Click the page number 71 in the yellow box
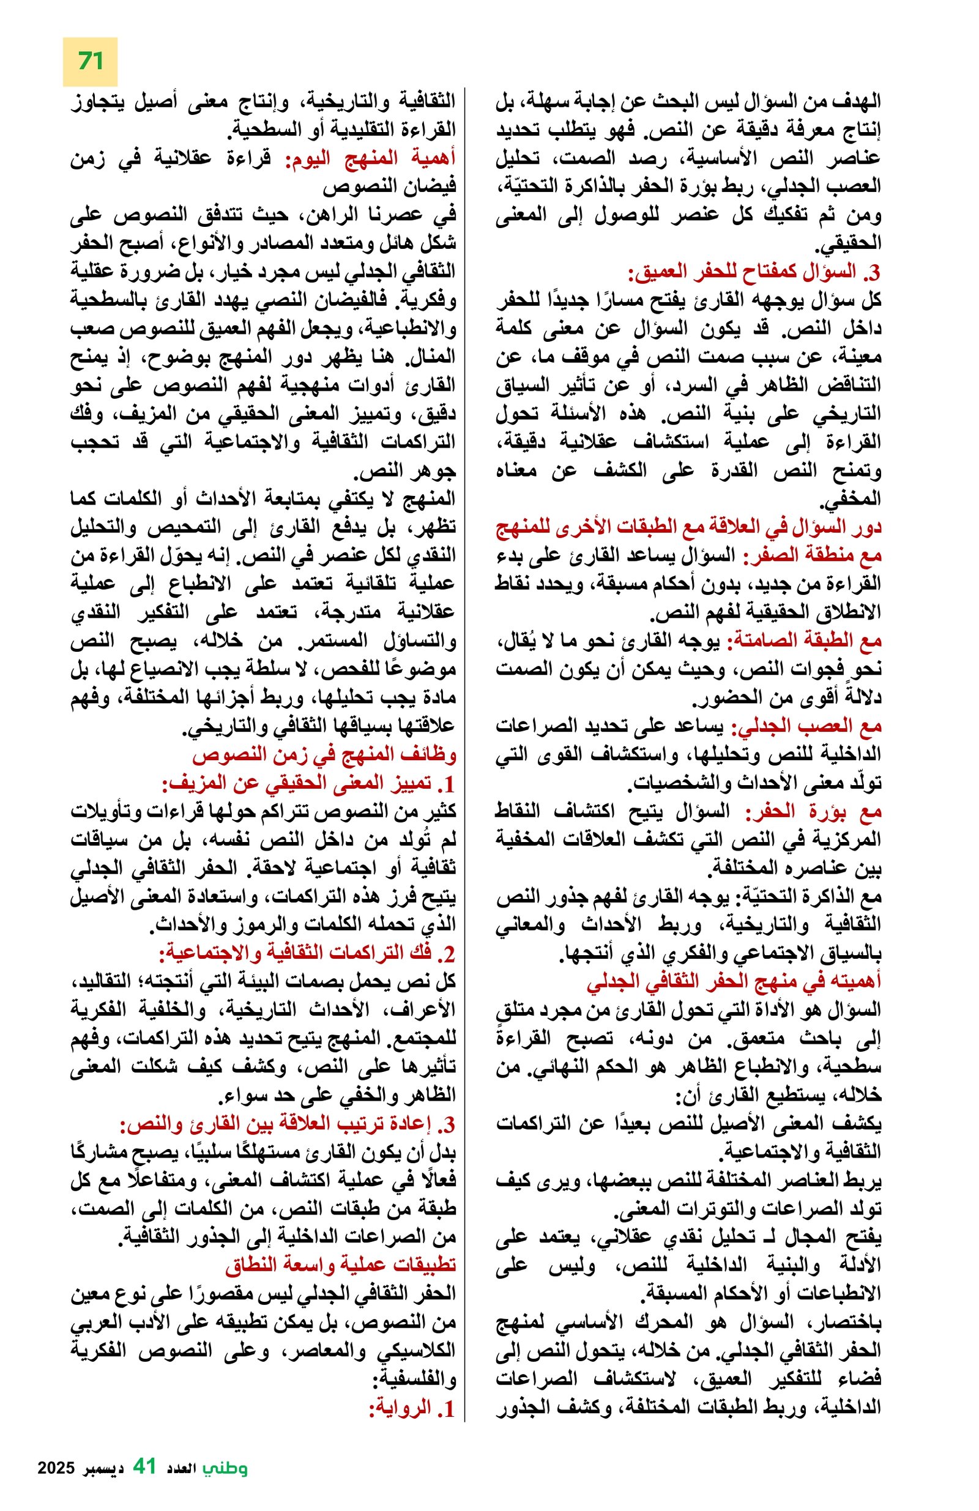click(90, 62)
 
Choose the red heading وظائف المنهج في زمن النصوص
click(324, 756)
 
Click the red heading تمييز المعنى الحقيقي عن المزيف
click(308, 784)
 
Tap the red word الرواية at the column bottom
click(412, 1409)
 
